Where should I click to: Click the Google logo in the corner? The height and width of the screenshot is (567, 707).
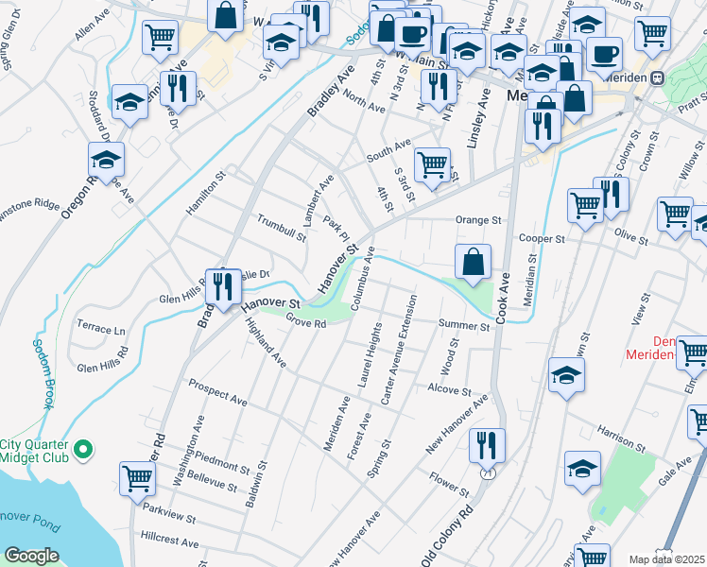click(31, 555)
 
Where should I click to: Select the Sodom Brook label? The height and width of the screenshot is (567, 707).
click(43, 374)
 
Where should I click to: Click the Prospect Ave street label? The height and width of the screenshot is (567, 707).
click(217, 393)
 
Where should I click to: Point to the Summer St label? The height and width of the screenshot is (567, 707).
click(463, 326)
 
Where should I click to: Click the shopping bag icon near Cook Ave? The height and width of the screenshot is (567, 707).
click(474, 261)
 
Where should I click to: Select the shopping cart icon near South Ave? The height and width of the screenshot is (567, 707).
click(432, 163)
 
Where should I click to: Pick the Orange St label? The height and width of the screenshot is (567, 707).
click(477, 220)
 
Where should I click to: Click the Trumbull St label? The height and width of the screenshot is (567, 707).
click(281, 228)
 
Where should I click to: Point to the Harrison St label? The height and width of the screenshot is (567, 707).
click(620, 438)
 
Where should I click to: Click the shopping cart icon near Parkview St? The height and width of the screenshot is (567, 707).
click(138, 478)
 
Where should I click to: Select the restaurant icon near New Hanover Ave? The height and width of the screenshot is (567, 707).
click(487, 443)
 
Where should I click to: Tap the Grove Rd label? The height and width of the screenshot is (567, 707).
click(306, 323)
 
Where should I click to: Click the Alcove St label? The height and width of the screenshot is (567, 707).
click(449, 389)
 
